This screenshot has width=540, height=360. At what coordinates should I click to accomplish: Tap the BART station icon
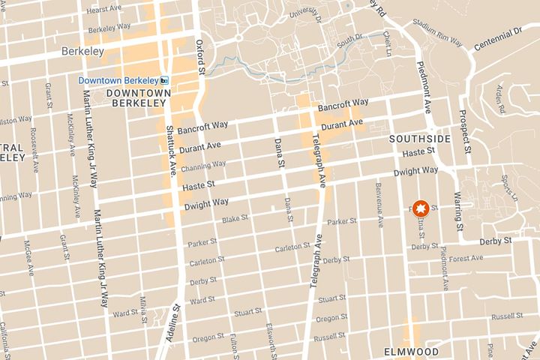pyautogui.click(x=164, y=80)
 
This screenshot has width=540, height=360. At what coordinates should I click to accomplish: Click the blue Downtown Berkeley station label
pyautogui.click(x=120, y=80)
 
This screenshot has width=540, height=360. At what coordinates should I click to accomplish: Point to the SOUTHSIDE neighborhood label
pyautogui.click(x=419, y=139)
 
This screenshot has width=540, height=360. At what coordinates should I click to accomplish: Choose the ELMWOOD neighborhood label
pyautogui.click(x=410, y=351)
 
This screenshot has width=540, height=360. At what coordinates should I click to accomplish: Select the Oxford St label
pyautogui.click(x=200, y=57)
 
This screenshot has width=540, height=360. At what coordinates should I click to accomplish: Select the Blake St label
pyautogui.click(x=235, y=219)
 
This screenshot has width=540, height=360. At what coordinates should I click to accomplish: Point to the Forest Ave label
pyautogui.click(x=466, y=258)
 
